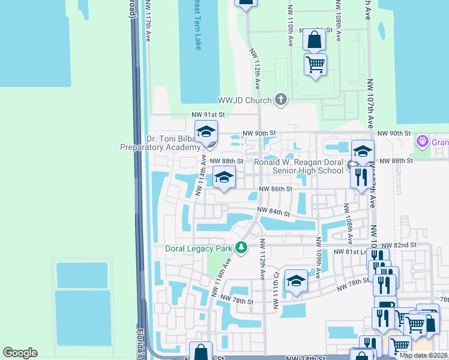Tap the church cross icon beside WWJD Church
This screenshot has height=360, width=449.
[280, 100]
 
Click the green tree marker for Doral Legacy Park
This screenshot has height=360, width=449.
[241, 247]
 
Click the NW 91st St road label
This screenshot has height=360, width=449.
[208, 114]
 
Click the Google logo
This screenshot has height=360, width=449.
[20, 353]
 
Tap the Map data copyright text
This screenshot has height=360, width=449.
[423, 355]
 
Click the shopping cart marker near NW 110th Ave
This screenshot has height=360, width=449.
[315, 63]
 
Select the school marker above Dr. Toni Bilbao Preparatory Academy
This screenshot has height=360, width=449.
[206, 131]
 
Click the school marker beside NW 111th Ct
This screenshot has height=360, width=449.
[296, 281]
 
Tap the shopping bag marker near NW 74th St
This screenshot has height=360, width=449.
[200, 352]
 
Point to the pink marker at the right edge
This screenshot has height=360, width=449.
[423, 142]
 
